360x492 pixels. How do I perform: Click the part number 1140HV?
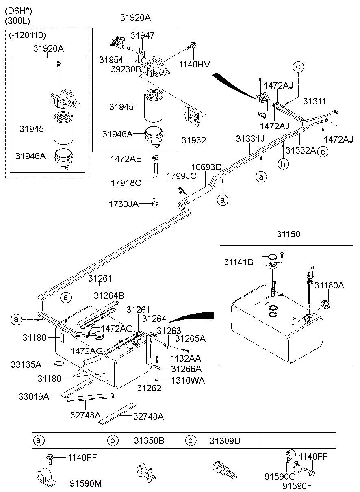(194, 64)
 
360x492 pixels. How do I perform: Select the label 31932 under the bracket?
(194, 140)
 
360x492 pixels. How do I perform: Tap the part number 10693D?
(206, 167)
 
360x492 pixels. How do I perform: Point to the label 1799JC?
(182, 176)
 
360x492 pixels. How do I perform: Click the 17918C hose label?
(126, 183)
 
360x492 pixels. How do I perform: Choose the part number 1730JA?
(124, 204)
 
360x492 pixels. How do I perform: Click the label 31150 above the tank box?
(288, 234)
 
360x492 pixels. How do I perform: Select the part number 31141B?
(239, 262)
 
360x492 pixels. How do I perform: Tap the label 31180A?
(329, 285)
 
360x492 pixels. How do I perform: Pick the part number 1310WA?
(188, 380)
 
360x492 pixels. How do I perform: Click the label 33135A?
(26, 364)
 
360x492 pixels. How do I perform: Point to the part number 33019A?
(34, 397)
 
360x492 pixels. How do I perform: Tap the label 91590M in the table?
(86, 483)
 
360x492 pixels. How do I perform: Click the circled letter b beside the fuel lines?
(283, 164)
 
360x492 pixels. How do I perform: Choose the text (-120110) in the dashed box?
(27, 35)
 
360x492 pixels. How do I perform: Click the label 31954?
(111, 60)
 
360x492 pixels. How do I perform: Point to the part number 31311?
(314, 101)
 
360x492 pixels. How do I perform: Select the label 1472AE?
(126, 159)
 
